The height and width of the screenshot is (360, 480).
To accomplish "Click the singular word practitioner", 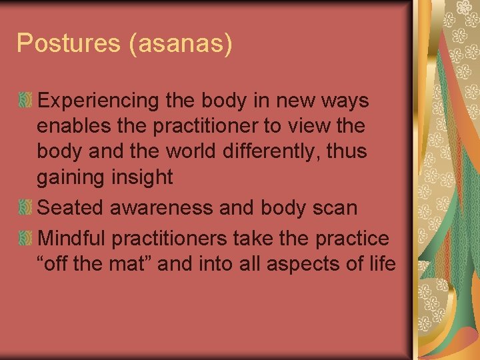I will [x=209, y=126].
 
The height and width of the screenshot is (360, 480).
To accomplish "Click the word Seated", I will [x=70, y=207].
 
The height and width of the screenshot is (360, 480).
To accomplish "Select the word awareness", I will [x=161, y=207].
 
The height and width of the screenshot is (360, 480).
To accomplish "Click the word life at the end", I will [x=382, y=263].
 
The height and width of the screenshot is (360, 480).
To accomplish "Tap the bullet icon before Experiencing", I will [x=25, y=101].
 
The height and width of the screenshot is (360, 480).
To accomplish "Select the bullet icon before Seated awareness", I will [x=25, y=207].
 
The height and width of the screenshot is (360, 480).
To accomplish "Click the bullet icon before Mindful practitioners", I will [x=25, y=238].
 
